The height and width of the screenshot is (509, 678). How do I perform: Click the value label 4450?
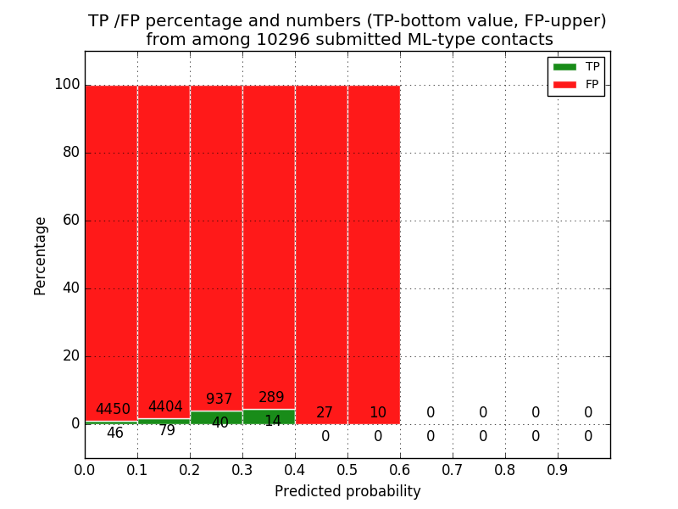(x=113, y=410)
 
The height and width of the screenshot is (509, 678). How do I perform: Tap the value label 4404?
(x=165, y=407)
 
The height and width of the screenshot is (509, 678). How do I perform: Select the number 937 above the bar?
(x=219, y=400)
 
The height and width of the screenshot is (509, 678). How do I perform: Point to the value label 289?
(x=271, y=398)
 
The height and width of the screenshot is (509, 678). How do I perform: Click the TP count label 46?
(x=114, y=433)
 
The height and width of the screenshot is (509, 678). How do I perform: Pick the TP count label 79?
(x=167, y=431)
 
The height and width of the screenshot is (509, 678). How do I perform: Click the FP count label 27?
(x=325, y=413)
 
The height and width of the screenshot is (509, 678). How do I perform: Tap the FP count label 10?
(x=377, y=413)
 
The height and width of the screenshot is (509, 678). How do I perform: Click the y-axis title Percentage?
(x=41, y=255)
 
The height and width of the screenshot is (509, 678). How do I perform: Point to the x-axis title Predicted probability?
(x=347, y=492)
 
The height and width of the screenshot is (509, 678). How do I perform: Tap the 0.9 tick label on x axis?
(x=558, y=468)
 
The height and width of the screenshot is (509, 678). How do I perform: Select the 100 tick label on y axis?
(x=67, y=85)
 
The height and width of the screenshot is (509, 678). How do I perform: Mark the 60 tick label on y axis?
(x=71, y=221)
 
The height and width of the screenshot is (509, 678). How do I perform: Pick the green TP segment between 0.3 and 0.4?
(x=269, y=417)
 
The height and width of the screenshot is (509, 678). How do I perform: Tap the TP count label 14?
(x=272, y=422)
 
